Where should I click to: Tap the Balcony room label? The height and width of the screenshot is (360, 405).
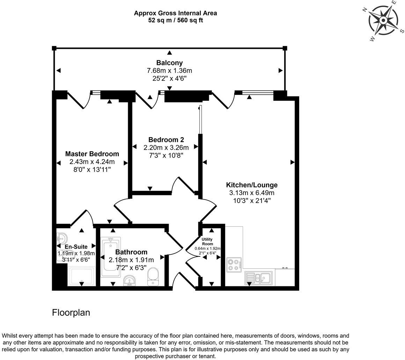click(169, 63)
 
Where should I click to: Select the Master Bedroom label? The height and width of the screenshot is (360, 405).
click(92, 154)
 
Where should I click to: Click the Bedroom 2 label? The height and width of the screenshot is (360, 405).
click(166, 140)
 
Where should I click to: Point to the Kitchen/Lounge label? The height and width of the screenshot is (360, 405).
click(251, 185)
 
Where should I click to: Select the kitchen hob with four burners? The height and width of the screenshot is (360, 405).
click(234, 264)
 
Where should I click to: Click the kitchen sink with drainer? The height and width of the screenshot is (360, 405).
click(259, 278)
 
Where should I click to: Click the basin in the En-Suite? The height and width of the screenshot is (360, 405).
click(61, 239)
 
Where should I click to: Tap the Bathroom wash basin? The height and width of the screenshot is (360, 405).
click(130, 280)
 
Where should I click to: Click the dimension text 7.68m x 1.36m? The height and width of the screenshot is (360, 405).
click(169, 70)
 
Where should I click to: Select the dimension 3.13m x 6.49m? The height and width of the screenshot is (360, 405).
click(251, 193)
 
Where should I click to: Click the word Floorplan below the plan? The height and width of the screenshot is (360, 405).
click(71, 313)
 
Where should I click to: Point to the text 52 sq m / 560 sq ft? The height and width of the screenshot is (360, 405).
click(175, 20)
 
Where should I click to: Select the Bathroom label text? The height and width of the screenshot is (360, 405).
click(131, 252)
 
